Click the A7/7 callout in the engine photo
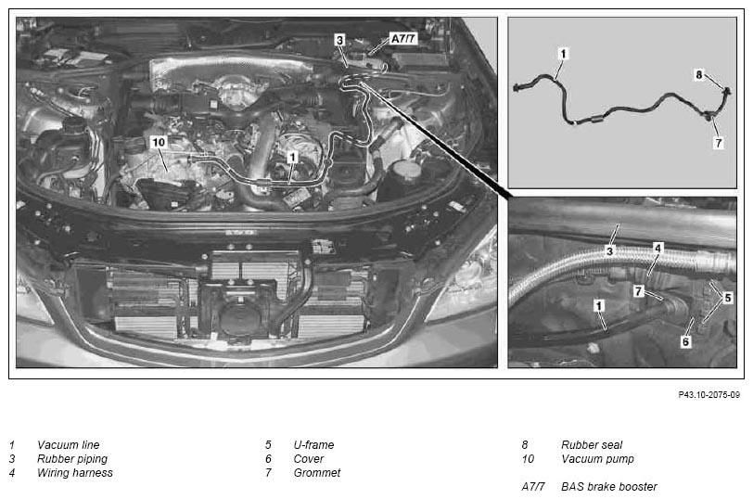pos(403,38)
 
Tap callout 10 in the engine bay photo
pos(159,142)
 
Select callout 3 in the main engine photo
pos(340,40)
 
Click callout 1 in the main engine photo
pos(292,157)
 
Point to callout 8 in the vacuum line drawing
pos(699,75)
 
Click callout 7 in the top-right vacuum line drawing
pos(719,143)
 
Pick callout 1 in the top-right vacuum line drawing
pos(563,54)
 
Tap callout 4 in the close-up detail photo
pos(657,249)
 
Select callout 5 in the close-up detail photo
pos(728,298)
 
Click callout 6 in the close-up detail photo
pos(686,341)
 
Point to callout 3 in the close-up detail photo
pos(609,251)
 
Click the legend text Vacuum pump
pos(597,459)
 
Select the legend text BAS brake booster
pos(609,487)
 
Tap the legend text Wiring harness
pos(75,473)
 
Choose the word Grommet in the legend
pos(317,473)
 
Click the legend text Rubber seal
pos(592,445)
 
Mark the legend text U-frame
pos(313,445)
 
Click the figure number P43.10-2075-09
pos(708,395)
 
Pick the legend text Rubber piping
pos(72,459)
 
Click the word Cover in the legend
pos(308,459)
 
